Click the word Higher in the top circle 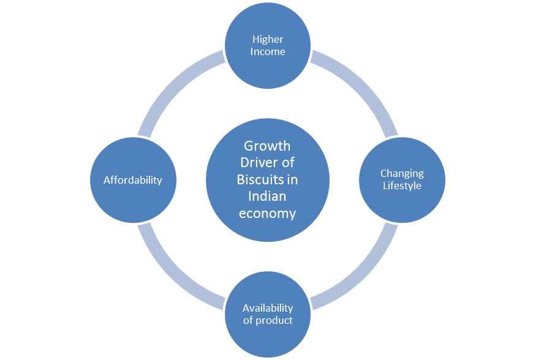[268, 39]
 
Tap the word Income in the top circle [268, 51]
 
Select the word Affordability [133, 180]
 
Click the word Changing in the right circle [402, 174]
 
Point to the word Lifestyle [402, 186]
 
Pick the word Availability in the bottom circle [268, 308]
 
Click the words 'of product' [268, 320]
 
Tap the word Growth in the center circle [267, 146]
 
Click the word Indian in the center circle [267, 197]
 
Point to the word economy [267, 214]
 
